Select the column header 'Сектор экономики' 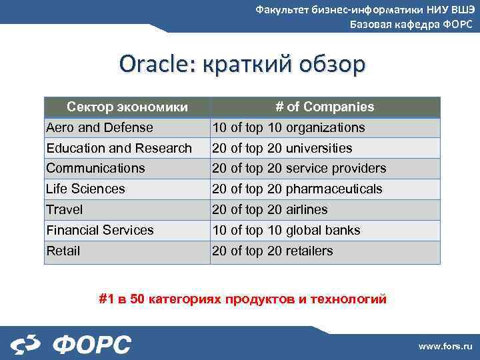[127, 107]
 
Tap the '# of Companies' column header [325, 107]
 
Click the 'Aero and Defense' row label [99, 127]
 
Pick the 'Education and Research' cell [119, 148]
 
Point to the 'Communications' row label [95, 168]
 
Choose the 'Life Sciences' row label [85, 189]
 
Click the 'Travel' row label [65, 209]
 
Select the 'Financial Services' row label [100, 230]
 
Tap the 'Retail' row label [63, 251]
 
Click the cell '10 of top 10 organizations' [289, 127]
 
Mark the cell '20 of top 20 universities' [282, 148]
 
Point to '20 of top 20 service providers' [299, 168]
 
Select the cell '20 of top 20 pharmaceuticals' [297, 189]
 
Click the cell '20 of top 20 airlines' [270, 209]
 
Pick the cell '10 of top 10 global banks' [286, 230]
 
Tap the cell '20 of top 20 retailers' [273, 251]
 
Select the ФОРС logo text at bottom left [91, 345]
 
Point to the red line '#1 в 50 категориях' [243, 299]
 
